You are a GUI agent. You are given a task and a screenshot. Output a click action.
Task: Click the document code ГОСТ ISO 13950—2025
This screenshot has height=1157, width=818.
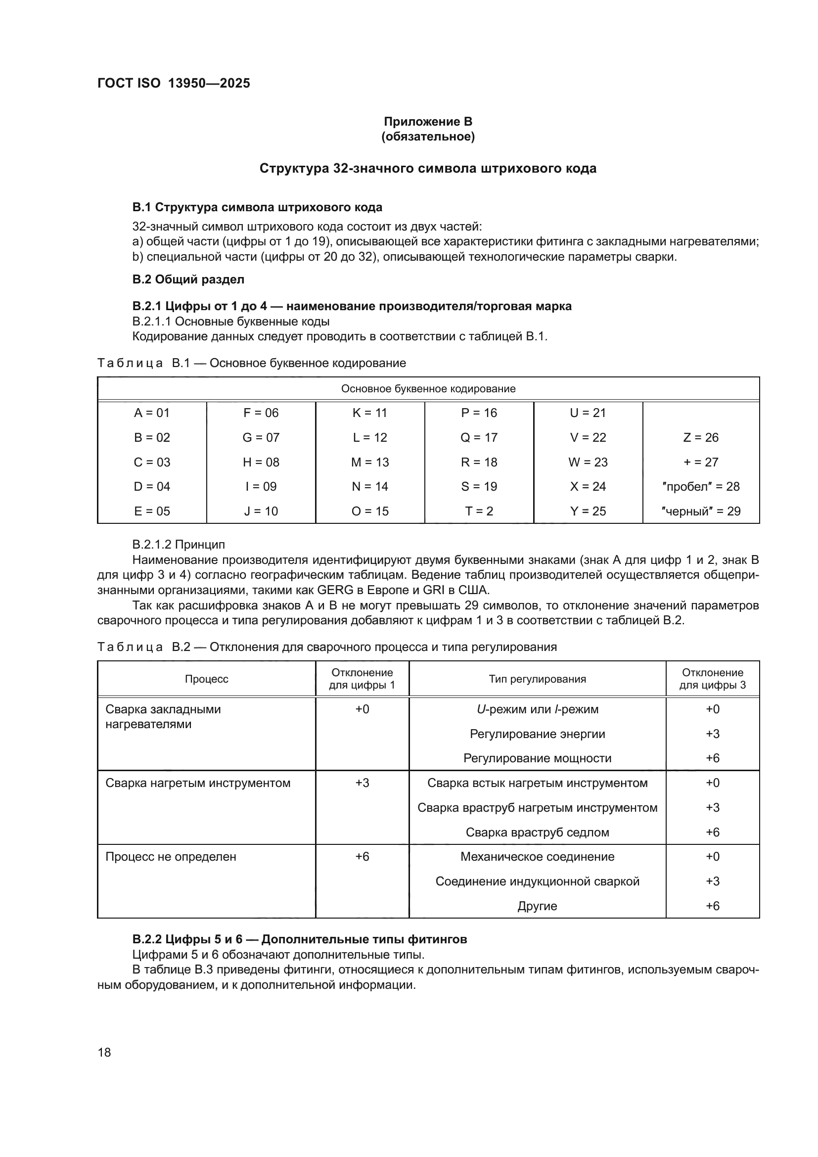click(x=173, y=83)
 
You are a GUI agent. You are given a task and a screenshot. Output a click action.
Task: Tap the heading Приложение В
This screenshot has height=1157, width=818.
click(x=428, y=122)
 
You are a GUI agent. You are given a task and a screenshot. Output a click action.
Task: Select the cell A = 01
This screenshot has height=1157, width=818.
click(x=152, y=413)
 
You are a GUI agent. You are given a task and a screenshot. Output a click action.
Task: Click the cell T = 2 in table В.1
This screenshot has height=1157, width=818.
click(x=479, y=511)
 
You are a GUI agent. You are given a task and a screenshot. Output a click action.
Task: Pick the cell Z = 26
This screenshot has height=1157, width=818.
click(x=701, y=437)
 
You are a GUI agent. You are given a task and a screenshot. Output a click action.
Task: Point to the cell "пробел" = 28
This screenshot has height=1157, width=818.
click(x=701, y=487)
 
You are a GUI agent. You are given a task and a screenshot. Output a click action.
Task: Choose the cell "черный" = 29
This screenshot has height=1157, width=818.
click(x=701, y=511)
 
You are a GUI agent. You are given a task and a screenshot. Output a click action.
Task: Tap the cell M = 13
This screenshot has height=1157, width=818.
click(x=370, y=462)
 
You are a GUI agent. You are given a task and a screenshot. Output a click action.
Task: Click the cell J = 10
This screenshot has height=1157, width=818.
click(x=261, y=511)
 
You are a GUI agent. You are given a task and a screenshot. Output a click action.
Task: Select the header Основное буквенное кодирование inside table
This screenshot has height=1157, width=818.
click(x=428, y=388)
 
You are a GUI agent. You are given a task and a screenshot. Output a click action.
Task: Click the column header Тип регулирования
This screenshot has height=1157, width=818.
click(x=537, y=679)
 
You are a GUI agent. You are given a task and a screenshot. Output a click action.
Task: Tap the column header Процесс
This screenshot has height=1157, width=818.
click(x=207, y=679)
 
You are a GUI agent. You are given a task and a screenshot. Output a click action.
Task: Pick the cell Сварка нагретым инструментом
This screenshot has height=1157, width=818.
click(x=198, y=783)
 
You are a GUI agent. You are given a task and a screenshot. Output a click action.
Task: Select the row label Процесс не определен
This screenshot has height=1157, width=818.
click(x=171, y=857)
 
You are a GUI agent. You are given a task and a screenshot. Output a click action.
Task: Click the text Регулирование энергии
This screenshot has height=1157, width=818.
click(x=537, y=734)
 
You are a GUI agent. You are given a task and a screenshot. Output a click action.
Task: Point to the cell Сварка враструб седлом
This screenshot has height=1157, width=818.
click(x=537, y=833)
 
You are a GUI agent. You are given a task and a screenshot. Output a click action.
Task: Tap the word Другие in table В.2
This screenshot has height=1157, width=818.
click(x=537, y=906)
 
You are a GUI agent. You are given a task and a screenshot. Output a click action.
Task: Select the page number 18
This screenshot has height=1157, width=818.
click(x=104, y=1053)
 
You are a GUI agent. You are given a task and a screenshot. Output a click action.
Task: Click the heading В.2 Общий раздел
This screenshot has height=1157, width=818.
click(x=188, y=279)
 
